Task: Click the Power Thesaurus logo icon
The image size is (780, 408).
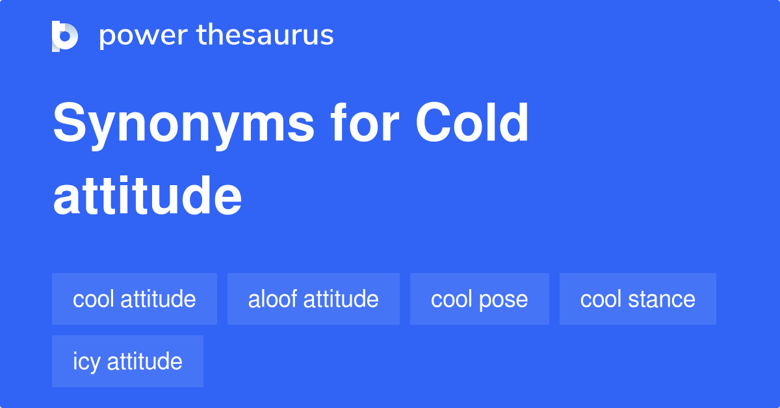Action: pos(65,36)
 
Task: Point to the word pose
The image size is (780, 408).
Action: pos(504,300)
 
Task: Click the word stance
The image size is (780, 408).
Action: pos(663,299)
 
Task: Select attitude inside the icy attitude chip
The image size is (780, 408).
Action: pos(145,361)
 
